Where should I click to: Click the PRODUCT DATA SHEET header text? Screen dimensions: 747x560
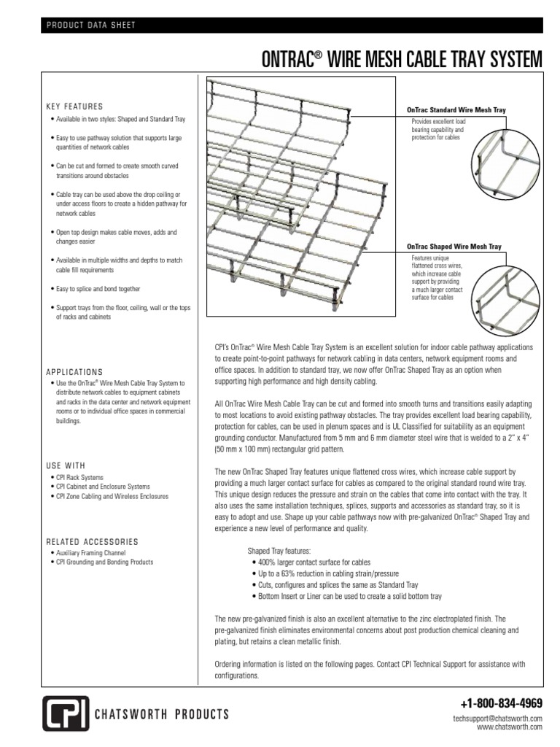[x=91, y=26]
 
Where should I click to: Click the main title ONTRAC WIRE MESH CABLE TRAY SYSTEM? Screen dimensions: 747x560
[x=402, y=58]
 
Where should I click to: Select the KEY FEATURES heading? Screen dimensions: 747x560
[x=74, y=106]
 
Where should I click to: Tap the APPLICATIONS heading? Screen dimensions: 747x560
[x=74, y=371]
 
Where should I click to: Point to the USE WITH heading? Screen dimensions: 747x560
[x=66, y=465]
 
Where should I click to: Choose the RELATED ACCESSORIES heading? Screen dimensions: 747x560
[x=92, y=542]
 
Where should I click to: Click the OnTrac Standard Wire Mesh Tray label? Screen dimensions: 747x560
[x=456, y=109]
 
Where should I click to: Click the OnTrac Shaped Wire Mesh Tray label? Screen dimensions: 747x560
[x=453, y=247]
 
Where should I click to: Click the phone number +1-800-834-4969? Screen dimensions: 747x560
[x=502, y=704]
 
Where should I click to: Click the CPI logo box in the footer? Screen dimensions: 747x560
[x=66, y=713]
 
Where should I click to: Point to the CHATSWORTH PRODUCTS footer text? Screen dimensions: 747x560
[x=163, y=713]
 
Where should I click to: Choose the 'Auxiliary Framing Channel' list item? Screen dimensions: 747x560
[x=88, y=554]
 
